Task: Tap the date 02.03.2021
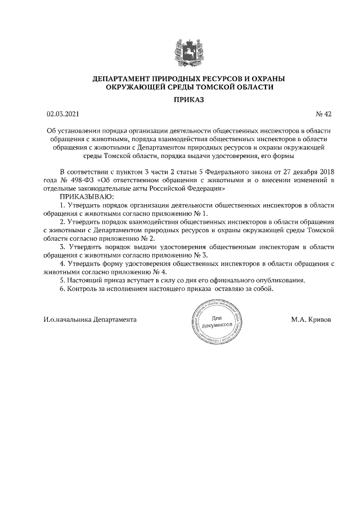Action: (x=64, y=114)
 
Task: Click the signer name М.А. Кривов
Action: (x=311, y=319)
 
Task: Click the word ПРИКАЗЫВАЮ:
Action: (x=86, y=197)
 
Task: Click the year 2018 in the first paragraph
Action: (x=326, y=172)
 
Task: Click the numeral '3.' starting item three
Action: (x=62, y=247)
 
